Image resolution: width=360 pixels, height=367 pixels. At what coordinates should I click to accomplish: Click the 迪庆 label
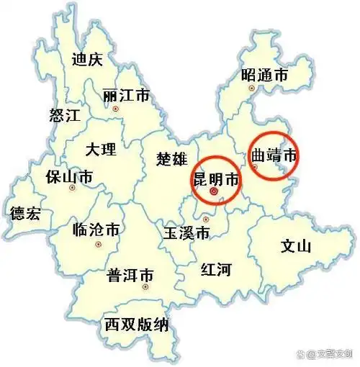coord(87,59)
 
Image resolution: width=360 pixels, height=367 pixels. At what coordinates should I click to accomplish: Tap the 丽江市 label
coord(126,96)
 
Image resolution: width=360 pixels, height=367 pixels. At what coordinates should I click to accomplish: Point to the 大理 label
coord(100,150)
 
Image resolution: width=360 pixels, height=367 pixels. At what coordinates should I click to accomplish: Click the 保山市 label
coord(68,176)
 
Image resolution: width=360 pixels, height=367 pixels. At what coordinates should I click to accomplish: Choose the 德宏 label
coord(26,214)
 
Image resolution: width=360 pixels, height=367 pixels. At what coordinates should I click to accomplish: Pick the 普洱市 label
coord(130,276)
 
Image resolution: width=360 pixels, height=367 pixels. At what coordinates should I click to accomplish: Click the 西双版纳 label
coord(137,325)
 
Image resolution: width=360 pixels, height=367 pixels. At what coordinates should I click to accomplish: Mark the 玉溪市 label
coord(186,233)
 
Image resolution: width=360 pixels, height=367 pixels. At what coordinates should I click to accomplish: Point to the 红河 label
coord(215,270)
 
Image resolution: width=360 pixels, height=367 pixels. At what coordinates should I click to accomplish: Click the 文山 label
coord(294,248)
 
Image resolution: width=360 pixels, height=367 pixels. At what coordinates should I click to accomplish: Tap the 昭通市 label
coord(266,74)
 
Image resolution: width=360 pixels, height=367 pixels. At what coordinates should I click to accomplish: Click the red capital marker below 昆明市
coord(213,193)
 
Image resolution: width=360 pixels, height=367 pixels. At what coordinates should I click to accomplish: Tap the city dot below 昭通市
coord(251,88)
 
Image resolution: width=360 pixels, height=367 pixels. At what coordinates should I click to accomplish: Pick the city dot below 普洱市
coord(145,286)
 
